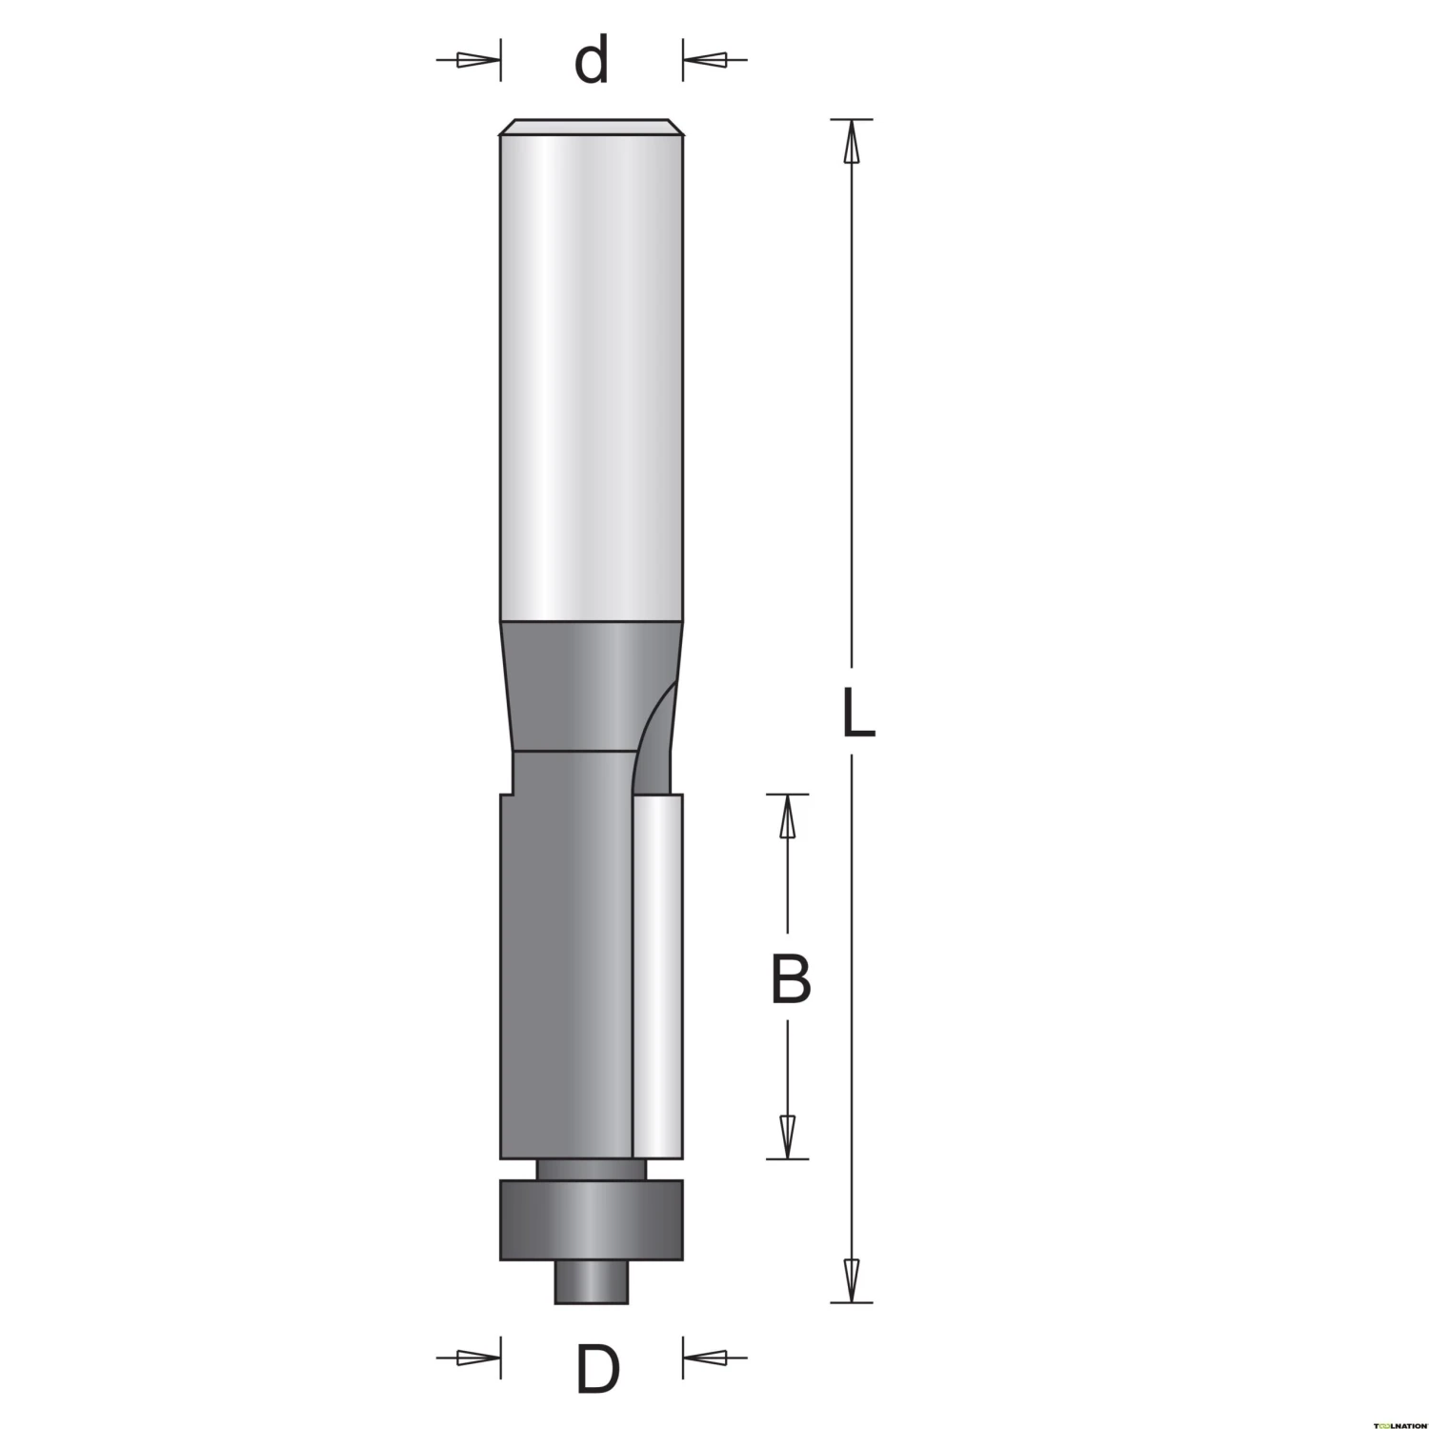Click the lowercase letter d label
[592, 62]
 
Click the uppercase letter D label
[597, 1369]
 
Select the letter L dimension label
[858, 714]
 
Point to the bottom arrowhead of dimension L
[852, 1277]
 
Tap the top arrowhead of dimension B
[787, 816]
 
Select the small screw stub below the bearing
[592, 1280]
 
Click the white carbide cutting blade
[658, 976]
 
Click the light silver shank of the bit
[592, 381]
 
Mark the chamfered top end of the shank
[592, 127]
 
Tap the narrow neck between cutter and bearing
[592, 1168]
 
